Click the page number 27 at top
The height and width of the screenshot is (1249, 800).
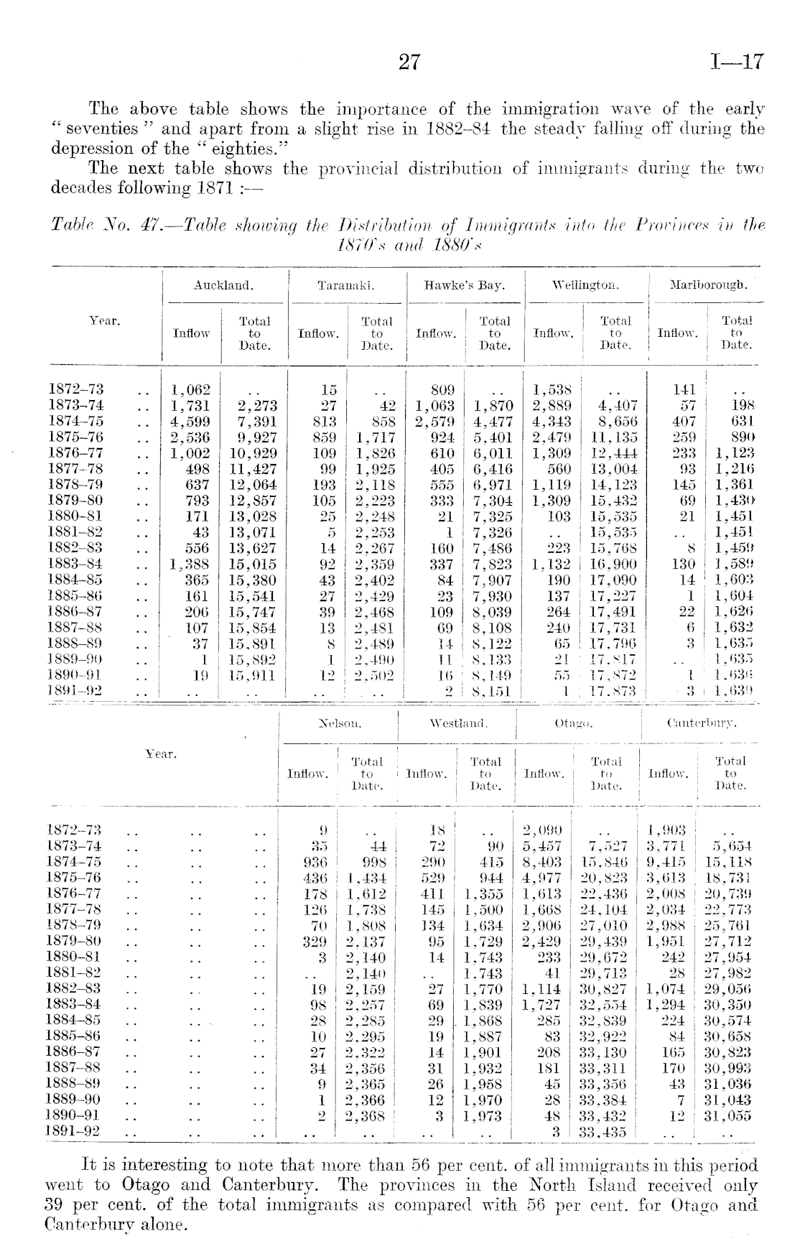click(409, 62)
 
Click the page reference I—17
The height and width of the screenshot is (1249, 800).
click(736, 62)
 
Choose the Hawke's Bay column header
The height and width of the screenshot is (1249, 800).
click(465, 285)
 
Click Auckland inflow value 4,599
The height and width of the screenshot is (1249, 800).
click(190, 422)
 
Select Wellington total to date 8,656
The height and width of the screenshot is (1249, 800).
click(618, 422)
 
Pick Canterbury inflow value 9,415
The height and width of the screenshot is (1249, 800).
click(667, 862)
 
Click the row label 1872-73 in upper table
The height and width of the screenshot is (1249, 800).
click(75, 390)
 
